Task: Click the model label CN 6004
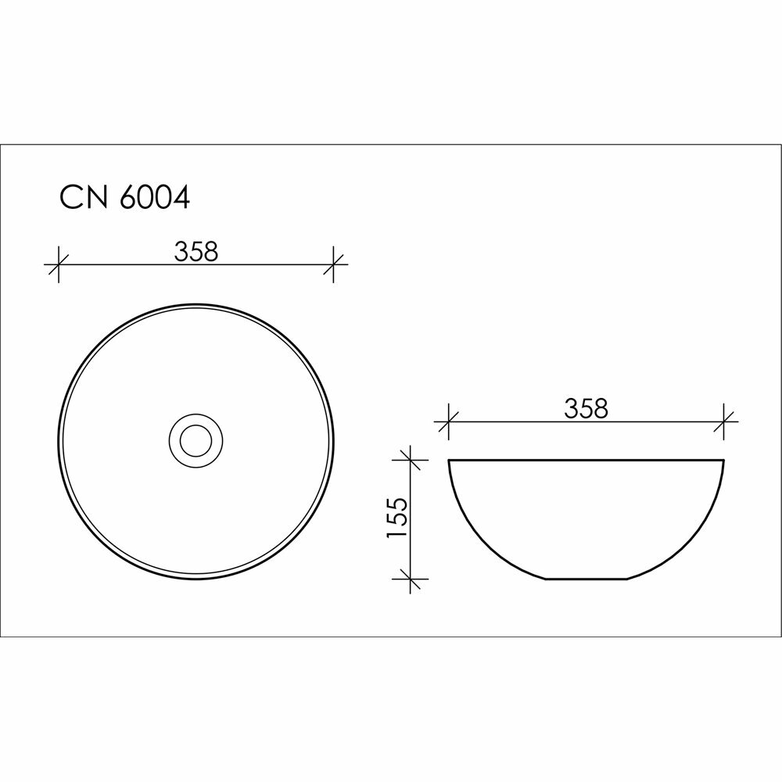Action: pyautogui.click(x=124, y=198)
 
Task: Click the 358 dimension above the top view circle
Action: pyautogui.click(x=196, y=251)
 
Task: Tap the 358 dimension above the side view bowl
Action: pyautogui.click(x=586, y=409)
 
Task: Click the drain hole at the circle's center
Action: pyautogui.click(x=196, y=441)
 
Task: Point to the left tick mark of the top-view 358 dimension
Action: pyautogui.click(x=59, y=264)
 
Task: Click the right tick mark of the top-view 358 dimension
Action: pyautogui.click(x=333, y=264)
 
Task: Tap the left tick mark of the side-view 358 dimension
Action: pyautogui.click(x=449, y=422)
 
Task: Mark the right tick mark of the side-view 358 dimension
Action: pyautogui.click(x=723, y=422)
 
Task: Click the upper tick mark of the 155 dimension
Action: pyautogui.click(x=410, y=460)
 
